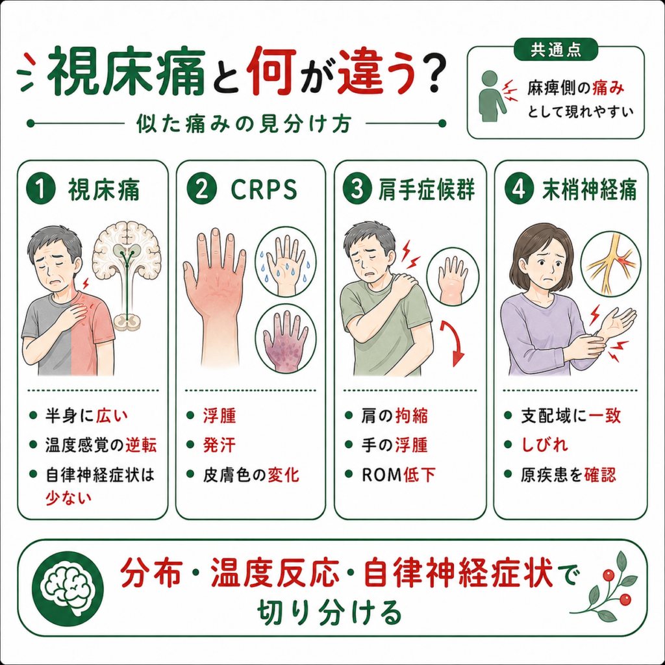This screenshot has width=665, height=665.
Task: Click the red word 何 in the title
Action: tap(272, 70)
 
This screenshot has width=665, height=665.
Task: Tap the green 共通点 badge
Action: tap(556, 49)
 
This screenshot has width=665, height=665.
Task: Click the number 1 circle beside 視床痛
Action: tap(41, 189)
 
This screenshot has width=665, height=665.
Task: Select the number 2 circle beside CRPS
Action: tap(201, 189)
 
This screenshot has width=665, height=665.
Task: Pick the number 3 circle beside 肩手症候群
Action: tap(358, 189)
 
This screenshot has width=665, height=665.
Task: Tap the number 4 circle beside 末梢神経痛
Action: tap(519, 189)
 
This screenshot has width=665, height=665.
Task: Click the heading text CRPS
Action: tap(264, 190)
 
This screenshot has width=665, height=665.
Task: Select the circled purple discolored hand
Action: tap(286, 338)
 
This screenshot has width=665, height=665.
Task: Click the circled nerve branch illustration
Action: tap(610, 264)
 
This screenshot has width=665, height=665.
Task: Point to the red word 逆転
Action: tap(141, 445)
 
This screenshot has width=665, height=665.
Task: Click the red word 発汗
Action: tap(220, 445)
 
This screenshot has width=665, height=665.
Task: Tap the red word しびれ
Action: tap(545, 445)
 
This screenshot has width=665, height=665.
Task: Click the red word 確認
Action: tap(599, 475)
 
